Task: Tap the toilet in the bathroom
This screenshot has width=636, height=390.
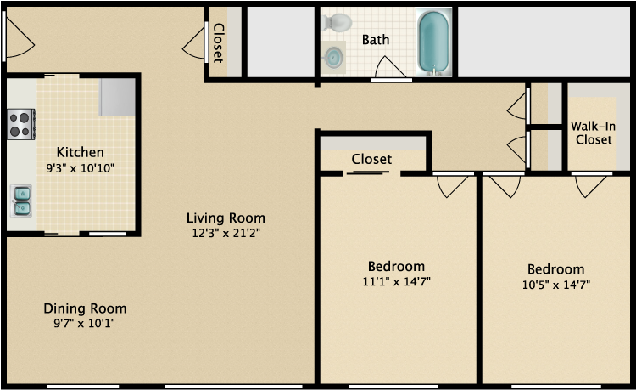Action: pyautogui.click(x=339, y=23)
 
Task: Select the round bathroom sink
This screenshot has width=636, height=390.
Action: pyautogui.click(x=334, y=58)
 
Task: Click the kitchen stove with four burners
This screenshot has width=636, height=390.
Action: pyautogui.click(x=21, y=123)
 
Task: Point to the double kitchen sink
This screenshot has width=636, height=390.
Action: pyautogui.click(x=22, y=201)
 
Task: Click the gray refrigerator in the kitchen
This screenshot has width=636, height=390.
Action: pyautogui.click(x=118, y=97)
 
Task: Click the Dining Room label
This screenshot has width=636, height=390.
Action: pyautogui.click(x=85, y=308)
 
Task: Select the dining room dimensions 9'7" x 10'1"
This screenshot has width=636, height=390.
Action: pyautogui.click(x=85, y=323)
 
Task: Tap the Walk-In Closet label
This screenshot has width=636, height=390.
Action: pyautogui.click(x=593, y=133)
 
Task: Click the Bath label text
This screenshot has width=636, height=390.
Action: pyautogui.click(x=376, y=40)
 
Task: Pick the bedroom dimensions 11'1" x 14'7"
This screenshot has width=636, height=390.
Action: pyautogui.click(x=396, y=281)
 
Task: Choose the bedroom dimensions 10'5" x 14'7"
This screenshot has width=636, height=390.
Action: pyautogui.click(x=555, y=285)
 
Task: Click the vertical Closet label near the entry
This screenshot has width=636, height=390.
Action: pyautogui.click(x=217, y=43)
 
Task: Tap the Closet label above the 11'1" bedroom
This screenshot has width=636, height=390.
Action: pyautogui.click(x=371, y=159)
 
